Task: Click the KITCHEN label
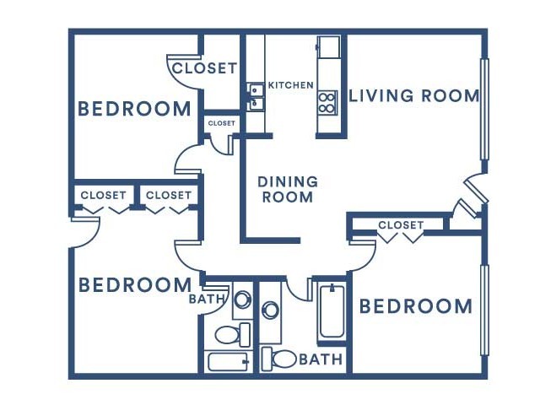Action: click(x=290, y=85)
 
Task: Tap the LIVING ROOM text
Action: click(x=414, y=95)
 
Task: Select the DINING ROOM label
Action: click(x=288, y=189)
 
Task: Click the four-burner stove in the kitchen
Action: click(x=327, y=103)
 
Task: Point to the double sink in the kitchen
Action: click(x=255, y=96)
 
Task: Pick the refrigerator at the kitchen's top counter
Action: click(x=328, y=47)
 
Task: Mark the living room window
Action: click(x=484, y=109)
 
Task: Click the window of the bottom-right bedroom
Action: click(x=484, y=310)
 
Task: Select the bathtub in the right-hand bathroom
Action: click(x=332, y=311)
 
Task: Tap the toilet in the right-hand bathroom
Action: click(x=279, y=359)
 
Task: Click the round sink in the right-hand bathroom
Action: click(x=270, y=310)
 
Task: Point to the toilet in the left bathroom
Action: click(x=233, y=335)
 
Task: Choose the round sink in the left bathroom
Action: click(x=243, y=300)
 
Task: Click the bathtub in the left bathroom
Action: click(x=229, y=362)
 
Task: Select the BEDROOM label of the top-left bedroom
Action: click(x=134, y=109)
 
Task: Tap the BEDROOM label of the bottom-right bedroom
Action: click(x=416, y=306)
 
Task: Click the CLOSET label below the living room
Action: click(x=401, y=225)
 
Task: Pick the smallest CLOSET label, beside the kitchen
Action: click(x=221, y=123)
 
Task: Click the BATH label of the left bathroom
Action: click(x=207, y=299)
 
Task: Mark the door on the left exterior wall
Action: click(x=85, y=233)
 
